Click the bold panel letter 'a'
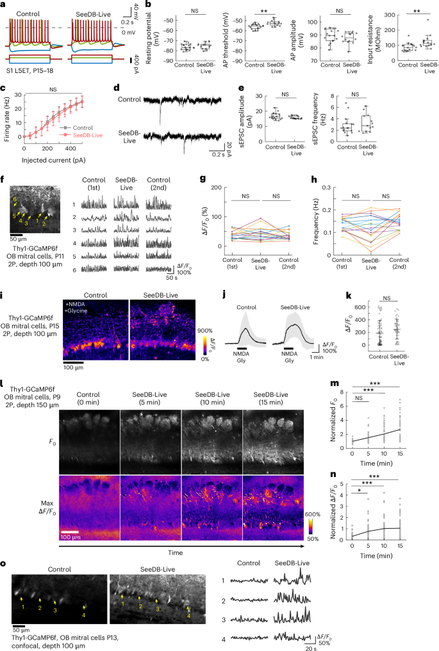4,4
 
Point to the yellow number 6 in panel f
15,200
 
